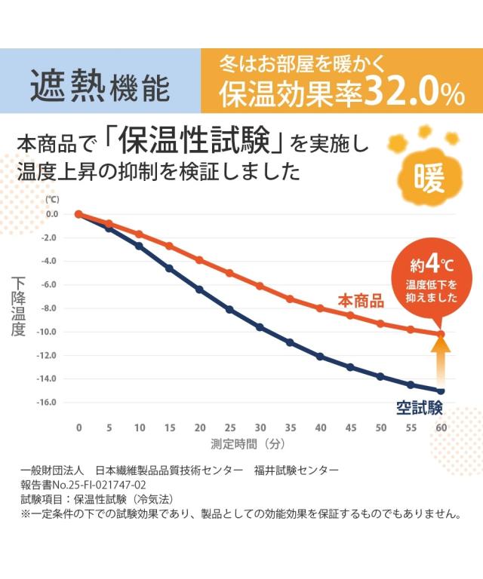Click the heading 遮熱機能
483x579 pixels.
click(x=100, y=86)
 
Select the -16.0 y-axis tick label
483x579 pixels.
click(x=47, y=402)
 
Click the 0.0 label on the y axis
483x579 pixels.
click(x=52, y=214)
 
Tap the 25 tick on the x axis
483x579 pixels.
click(x=230, y=427)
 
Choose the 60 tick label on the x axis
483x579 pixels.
click(x=441, y=427)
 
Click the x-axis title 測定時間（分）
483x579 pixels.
click(x=248, y=444)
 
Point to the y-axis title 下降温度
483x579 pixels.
click(x=18, y=307)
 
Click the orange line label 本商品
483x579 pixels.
click(x=361, y=301)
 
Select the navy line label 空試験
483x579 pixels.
click(x=420, y=408)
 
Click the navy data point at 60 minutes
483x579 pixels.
click(x=441, y=391)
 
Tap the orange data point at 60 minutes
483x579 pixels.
click(x=441, y=334)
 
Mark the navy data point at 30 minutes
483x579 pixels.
click(x=260, y=327)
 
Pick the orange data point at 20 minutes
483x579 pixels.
click(x=199, y=260)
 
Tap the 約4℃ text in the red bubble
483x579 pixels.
click(x=431, y=265)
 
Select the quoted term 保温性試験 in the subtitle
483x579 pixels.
click(x=195, y=142)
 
